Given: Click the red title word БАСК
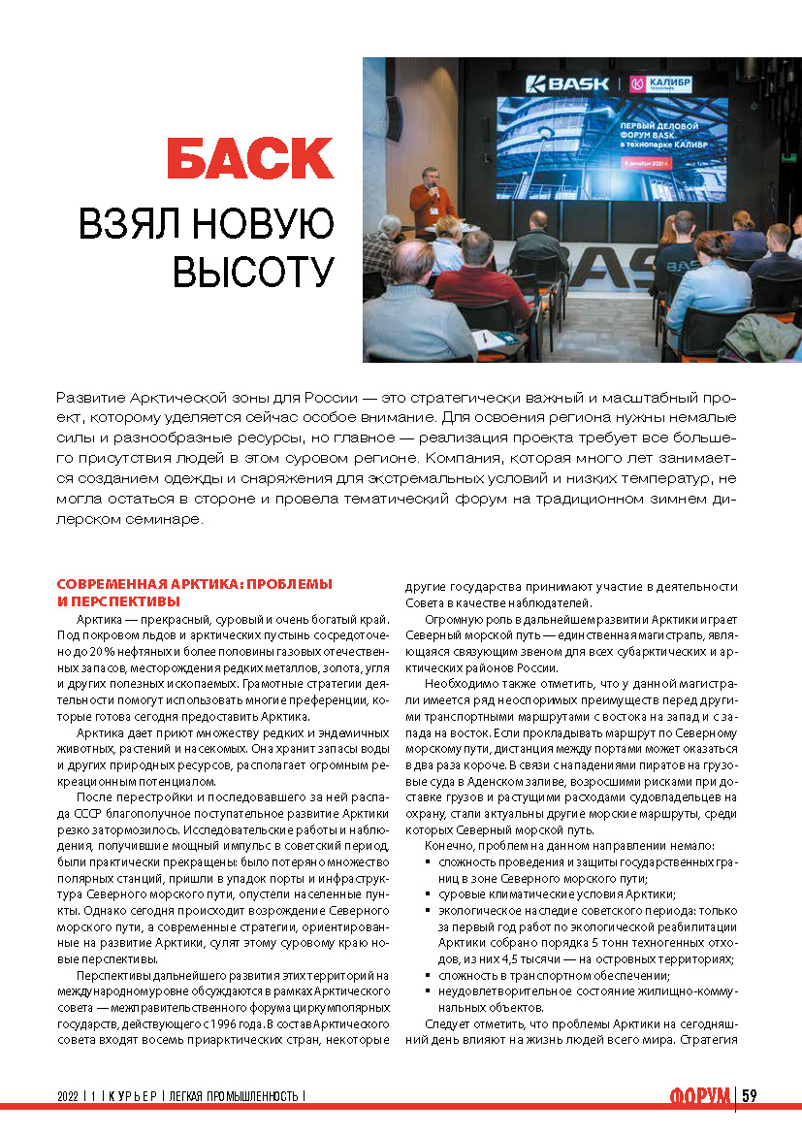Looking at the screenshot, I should point(250,158).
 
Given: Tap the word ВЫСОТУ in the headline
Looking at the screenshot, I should point(253,272).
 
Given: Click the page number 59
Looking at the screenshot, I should point(750,1095).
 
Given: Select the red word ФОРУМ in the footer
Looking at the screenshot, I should point(700,1096).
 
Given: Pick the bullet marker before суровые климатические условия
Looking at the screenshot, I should point(429,894).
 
